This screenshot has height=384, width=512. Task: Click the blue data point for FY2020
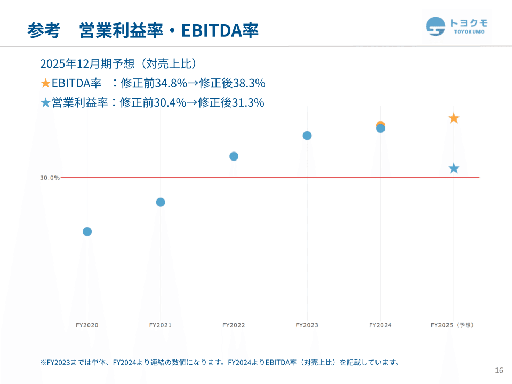[87, 231]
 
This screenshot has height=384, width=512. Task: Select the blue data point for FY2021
[161, 202]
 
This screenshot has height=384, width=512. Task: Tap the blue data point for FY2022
[234, 156]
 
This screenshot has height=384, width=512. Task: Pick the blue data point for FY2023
[307, 135]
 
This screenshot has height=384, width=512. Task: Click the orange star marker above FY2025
[453, 118]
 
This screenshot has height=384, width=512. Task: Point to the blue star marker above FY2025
[453, 169]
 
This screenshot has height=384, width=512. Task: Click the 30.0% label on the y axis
[50, 178]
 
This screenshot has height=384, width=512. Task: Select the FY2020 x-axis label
[87, 325]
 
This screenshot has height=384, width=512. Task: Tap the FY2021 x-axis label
[161, 325]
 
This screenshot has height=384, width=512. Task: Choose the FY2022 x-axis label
[234, 325]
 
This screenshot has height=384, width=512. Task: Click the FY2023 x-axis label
[307, 325]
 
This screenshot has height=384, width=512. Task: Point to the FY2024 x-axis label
[380, 325]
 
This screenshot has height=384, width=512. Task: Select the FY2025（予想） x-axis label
[452, 325]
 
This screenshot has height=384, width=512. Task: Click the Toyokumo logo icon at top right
[436, 26]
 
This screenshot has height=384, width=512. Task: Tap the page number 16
[499, 371]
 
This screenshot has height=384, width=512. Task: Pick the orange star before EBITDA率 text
[45, 83]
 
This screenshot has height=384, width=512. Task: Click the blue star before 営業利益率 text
[45, 102]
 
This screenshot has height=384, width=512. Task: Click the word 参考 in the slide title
[43, 30]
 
